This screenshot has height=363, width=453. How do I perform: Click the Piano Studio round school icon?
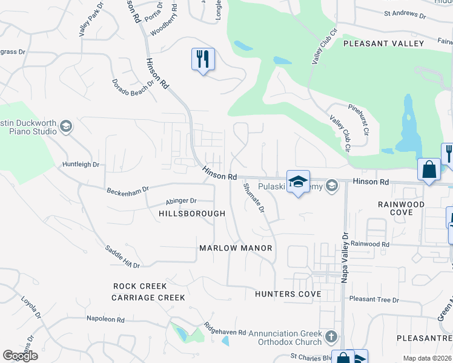pos(66,126)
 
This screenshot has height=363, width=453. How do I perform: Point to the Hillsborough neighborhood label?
pos(192,214)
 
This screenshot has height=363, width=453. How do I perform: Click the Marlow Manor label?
pos(236,248)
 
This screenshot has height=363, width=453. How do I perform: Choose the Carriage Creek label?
pos(148,297)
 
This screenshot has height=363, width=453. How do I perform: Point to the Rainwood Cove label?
pos(401,209)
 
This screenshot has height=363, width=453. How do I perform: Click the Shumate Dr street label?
pos(254,199)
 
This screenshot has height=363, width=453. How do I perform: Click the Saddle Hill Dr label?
pos(123,257)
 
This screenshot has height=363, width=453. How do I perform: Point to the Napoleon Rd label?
pos(105,319)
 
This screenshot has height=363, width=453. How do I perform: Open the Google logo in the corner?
pos(20,355)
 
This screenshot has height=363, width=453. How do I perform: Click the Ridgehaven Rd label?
pos(225,332)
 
